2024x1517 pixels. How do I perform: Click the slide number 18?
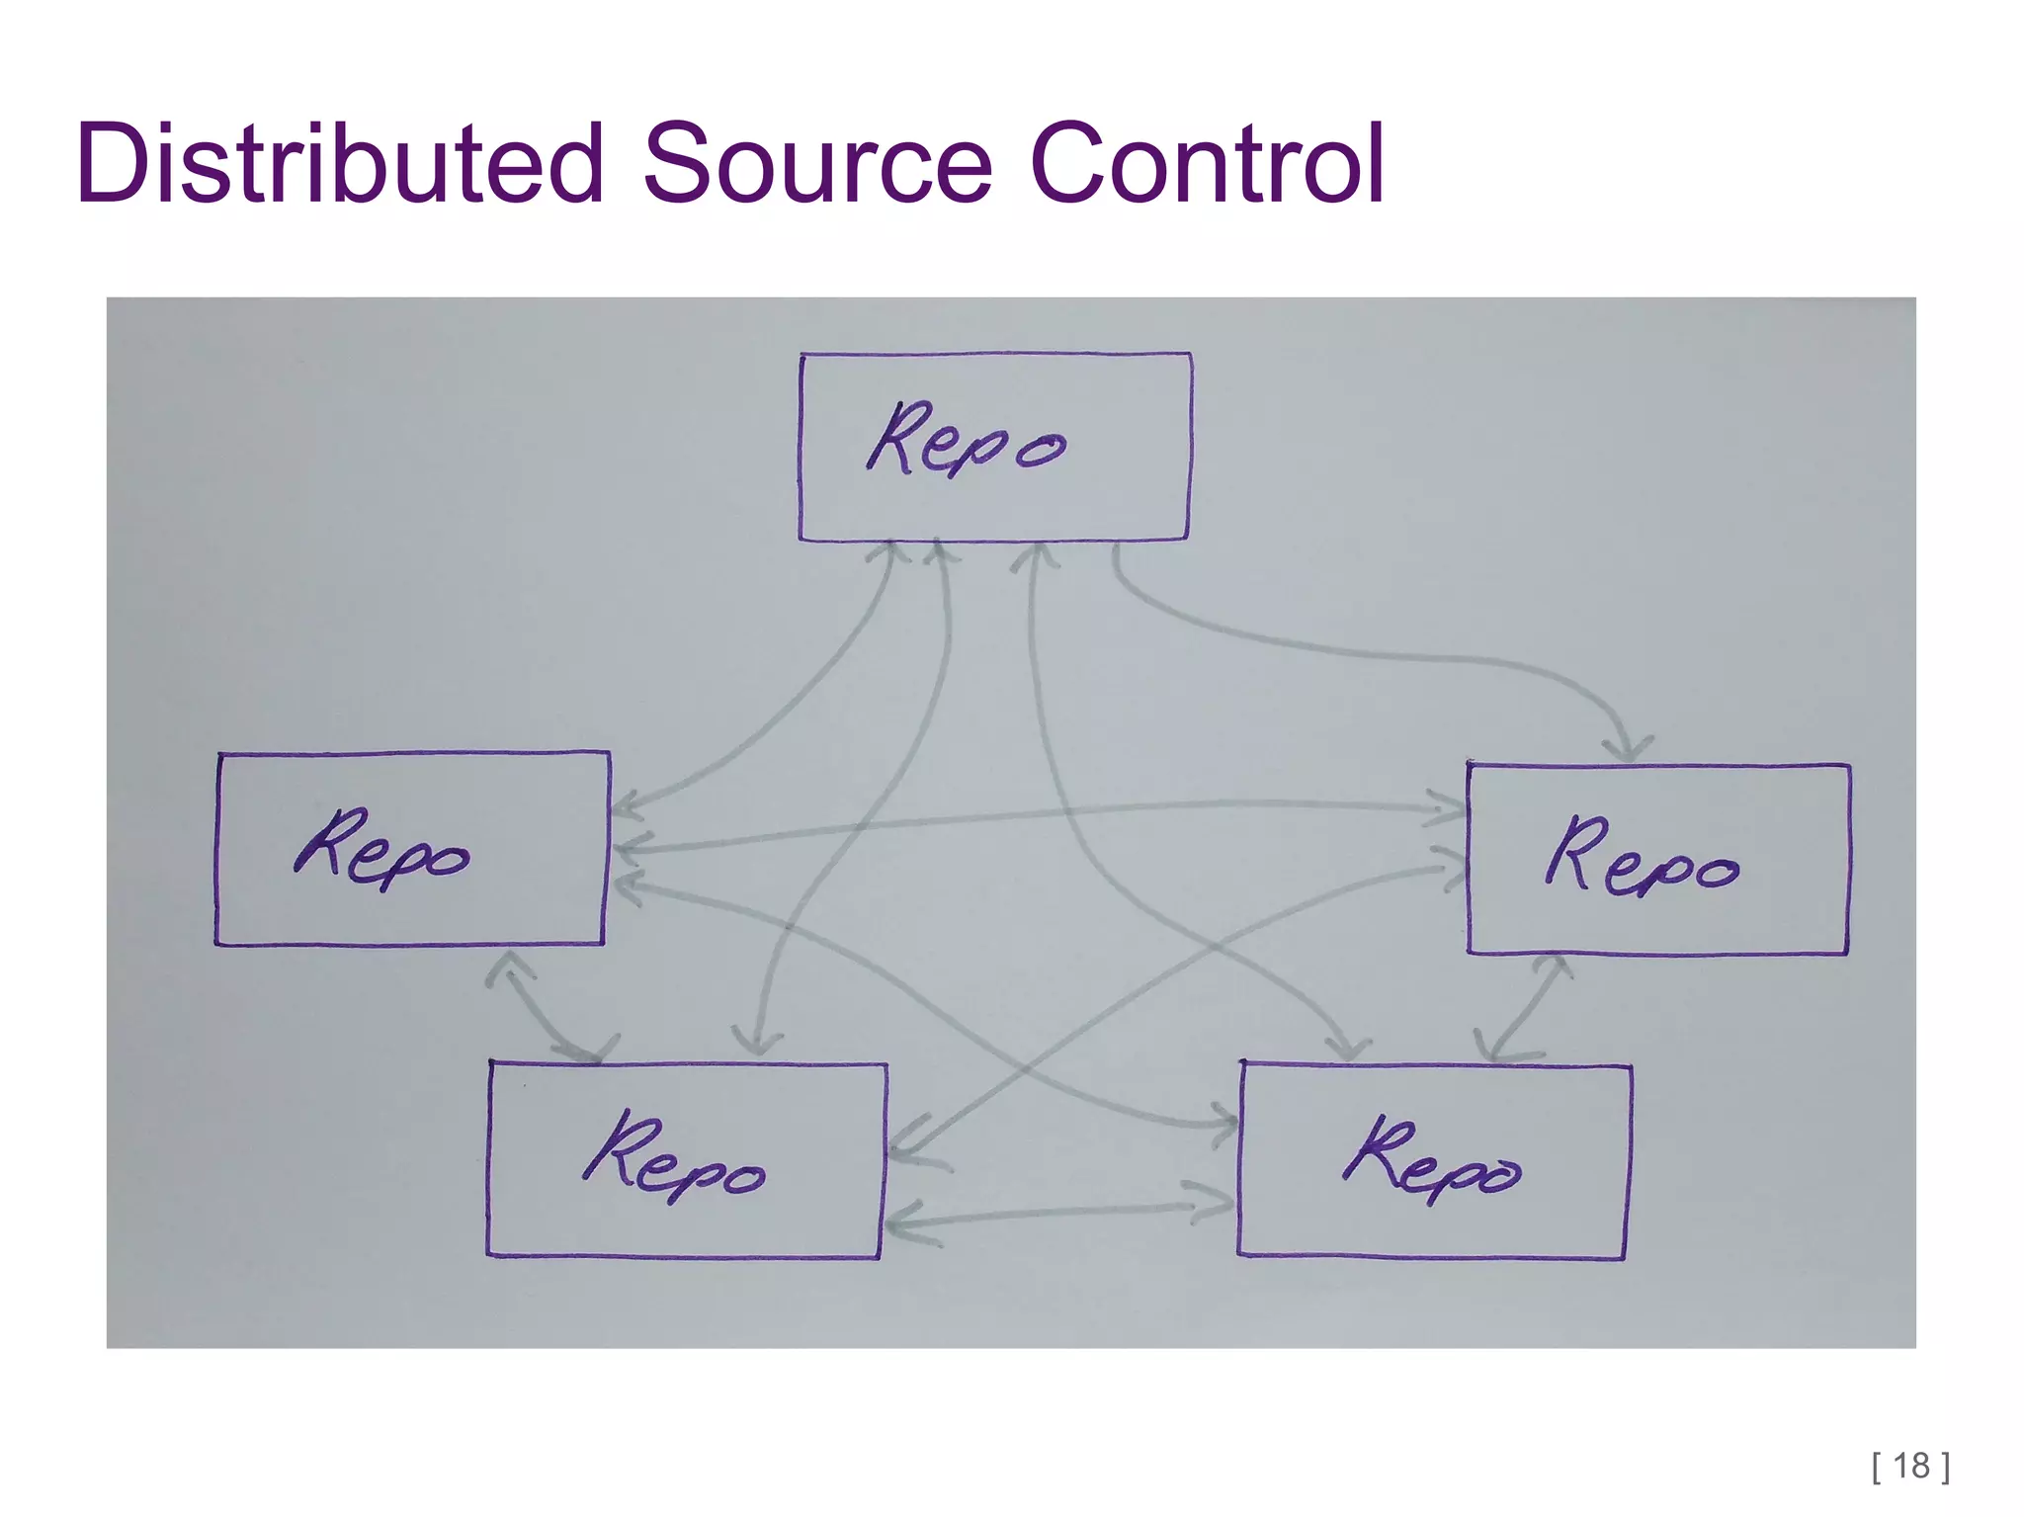(x=1911, y=1465)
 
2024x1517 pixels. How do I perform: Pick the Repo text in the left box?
(x=381, y=850)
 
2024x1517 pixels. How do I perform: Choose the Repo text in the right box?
(x=1641, y=857)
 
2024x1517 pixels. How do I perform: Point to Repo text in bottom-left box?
(x=674, y=1158)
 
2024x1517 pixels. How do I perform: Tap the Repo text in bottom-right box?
(x=1431, y=1160)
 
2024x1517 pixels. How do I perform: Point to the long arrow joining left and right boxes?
(x=1038, y=816)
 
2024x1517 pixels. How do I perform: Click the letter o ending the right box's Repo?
(x=1716, y=873)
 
